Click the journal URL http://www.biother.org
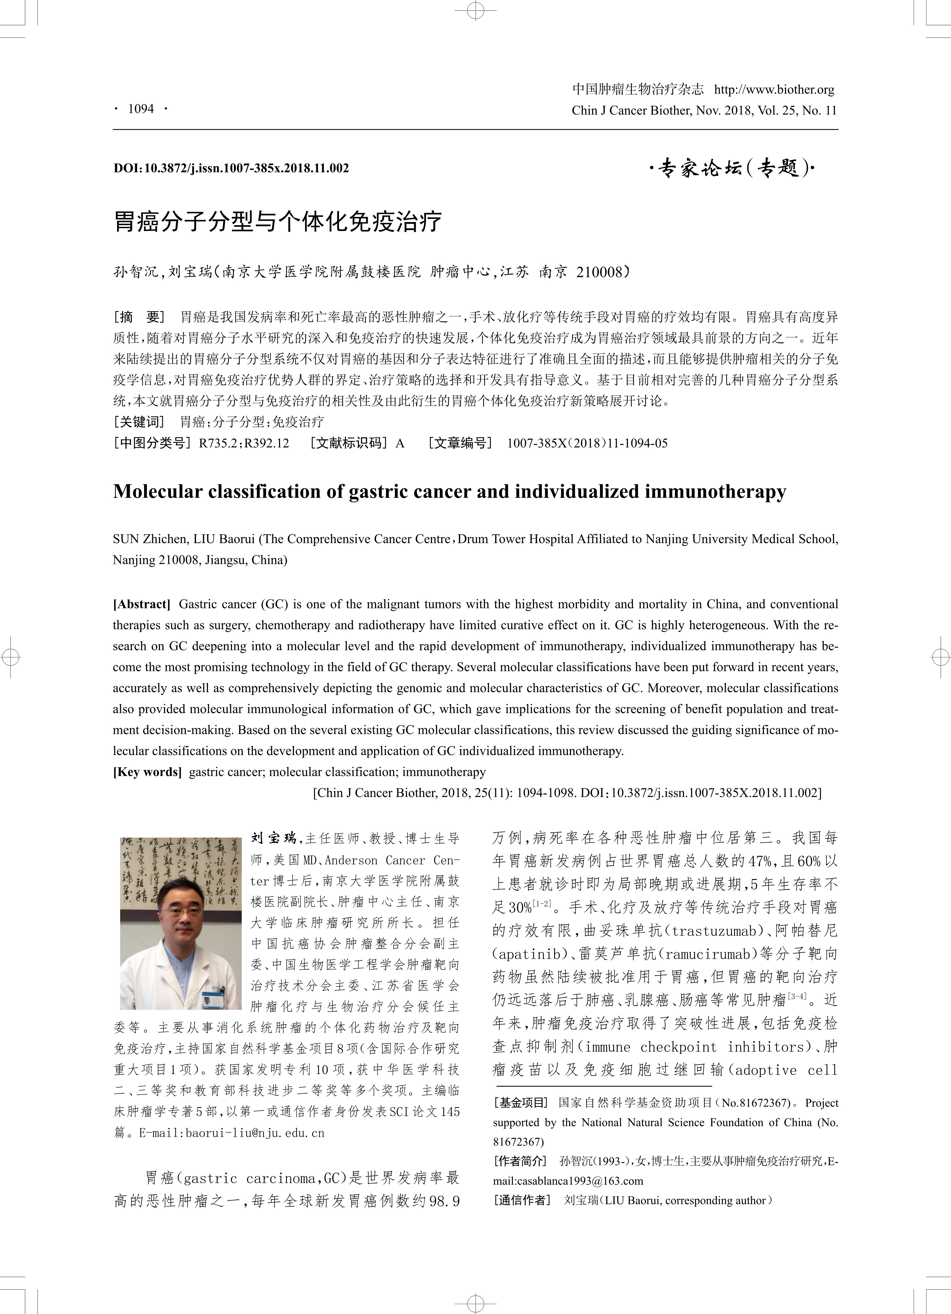(774, 89)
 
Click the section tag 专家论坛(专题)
(731, 169)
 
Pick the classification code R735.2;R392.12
(244, 443)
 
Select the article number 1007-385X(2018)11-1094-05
(587, 443)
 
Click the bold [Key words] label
(147, 772)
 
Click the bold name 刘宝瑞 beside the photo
(273, 838)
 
